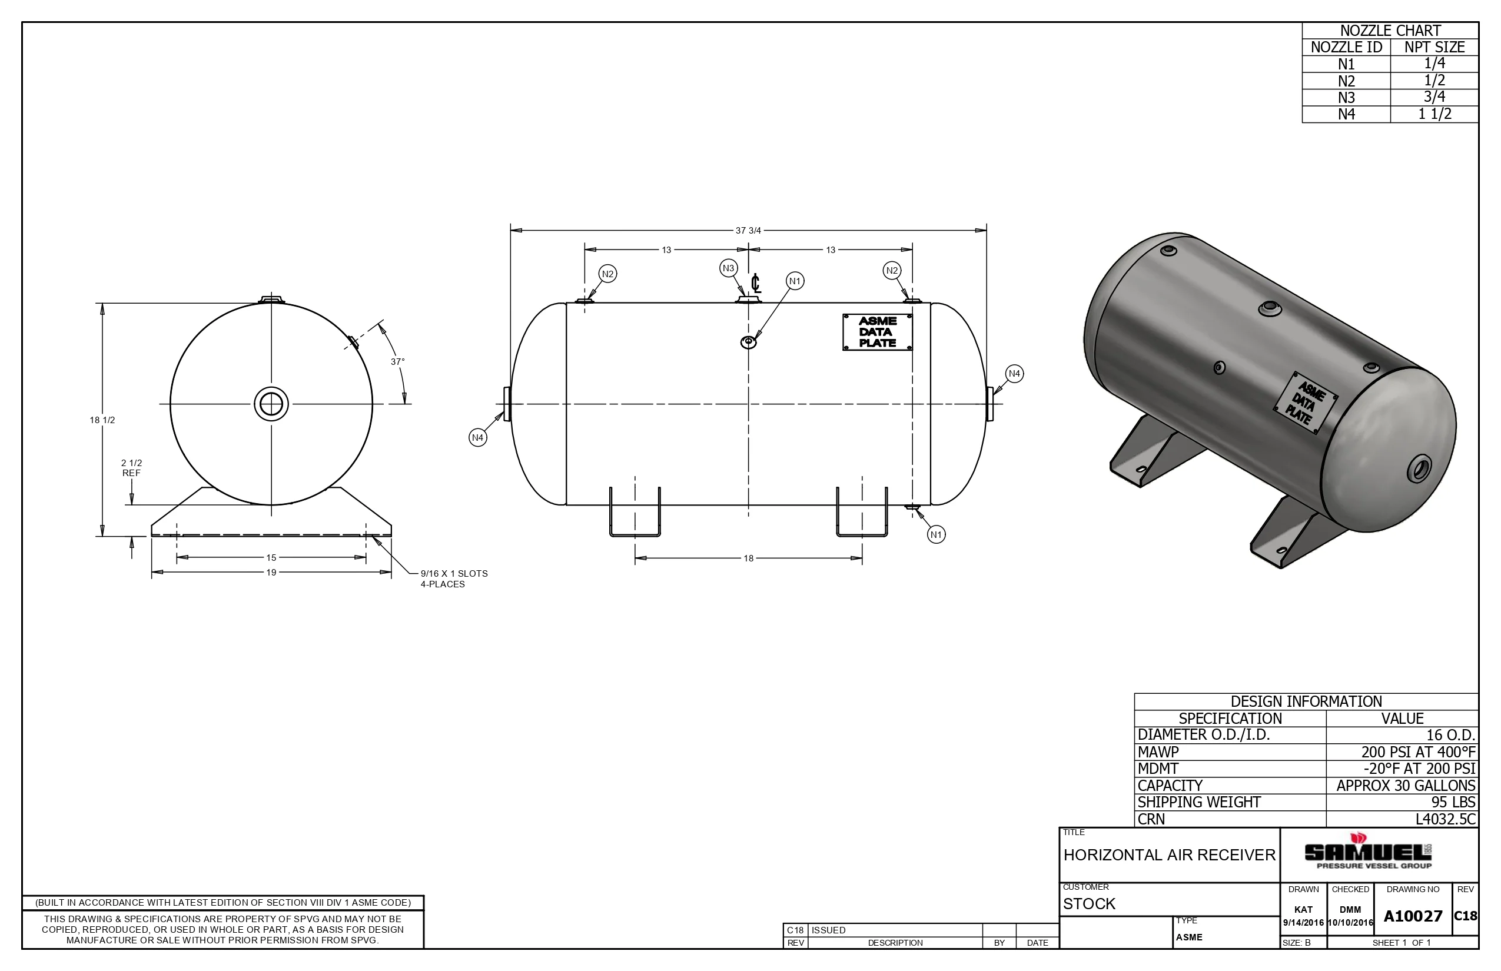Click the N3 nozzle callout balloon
coord(729,268)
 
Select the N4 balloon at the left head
coord(478,438)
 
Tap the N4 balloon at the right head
coord(1014,373)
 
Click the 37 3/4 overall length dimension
coord(748,230)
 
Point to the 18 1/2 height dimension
coord(102,420)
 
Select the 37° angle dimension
coord(397,362)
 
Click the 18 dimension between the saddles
coord(748,558)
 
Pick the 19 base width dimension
coord(271,572)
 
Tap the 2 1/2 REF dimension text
coord(131,468)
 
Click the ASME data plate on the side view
coord(877,332)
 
